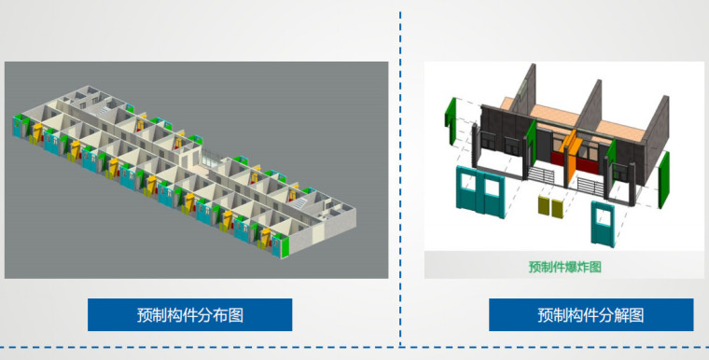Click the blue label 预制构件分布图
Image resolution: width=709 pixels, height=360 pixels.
190,314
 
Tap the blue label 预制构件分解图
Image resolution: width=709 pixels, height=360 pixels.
591,314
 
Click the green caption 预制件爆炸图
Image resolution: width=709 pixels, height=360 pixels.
564,267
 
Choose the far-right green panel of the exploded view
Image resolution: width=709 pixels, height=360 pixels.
665,183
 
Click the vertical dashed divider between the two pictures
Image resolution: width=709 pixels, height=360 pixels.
401,177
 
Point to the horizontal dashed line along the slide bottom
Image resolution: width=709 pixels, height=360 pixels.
354,347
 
